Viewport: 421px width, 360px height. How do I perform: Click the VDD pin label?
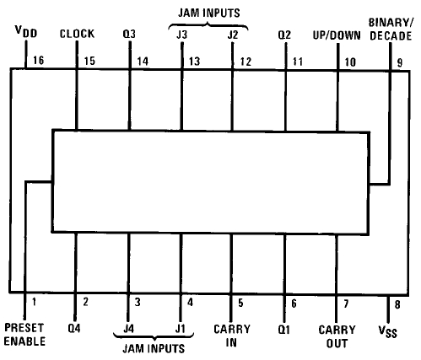pyautogui.click(x=26, y=31)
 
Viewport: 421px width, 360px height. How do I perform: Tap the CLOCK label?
pyautogui.click(x=77, y=34)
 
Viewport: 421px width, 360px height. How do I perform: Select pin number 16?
pyautogui.click(x=39, y=60)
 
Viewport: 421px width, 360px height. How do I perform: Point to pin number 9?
pyautogui.click(x=400, y=62)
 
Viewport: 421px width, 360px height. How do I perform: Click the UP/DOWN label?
pyautogui.click(x=337, y=35)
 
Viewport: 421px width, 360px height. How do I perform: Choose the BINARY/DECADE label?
pyautogui.click(x=391, y=30)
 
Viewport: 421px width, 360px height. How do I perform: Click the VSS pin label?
pyautogui.click(x=388, y=331)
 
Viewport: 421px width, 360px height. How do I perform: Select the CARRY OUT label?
pyautogui.click(x=337, y=336)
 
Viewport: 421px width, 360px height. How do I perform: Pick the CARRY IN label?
pyautogui.click(x=232, y=336)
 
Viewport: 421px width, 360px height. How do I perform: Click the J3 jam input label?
pyautogui.click(x=181, y=35)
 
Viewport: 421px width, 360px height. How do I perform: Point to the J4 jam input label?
pyautogui.click(x=128, y=329)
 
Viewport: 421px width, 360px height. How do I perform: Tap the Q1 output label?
pyautogui.click(x=283, y=330)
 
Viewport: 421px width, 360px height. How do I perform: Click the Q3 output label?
pyautogui.click(x=129, y=35)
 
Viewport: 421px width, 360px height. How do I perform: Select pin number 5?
pyautogui.click(x=240, y=303)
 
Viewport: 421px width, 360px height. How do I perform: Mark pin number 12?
pyautogui.click(x=246, y=62)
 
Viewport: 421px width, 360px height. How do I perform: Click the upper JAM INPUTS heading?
pyautogui.click(x=209, y=13)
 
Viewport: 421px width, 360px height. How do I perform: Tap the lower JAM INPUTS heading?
pyautogui.click(x=154, y=348)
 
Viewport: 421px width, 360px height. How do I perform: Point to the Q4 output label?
pyautogui.click(x=74, y=328)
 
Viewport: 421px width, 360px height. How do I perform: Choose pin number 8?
pyautogui.click(x=397, y=304)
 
